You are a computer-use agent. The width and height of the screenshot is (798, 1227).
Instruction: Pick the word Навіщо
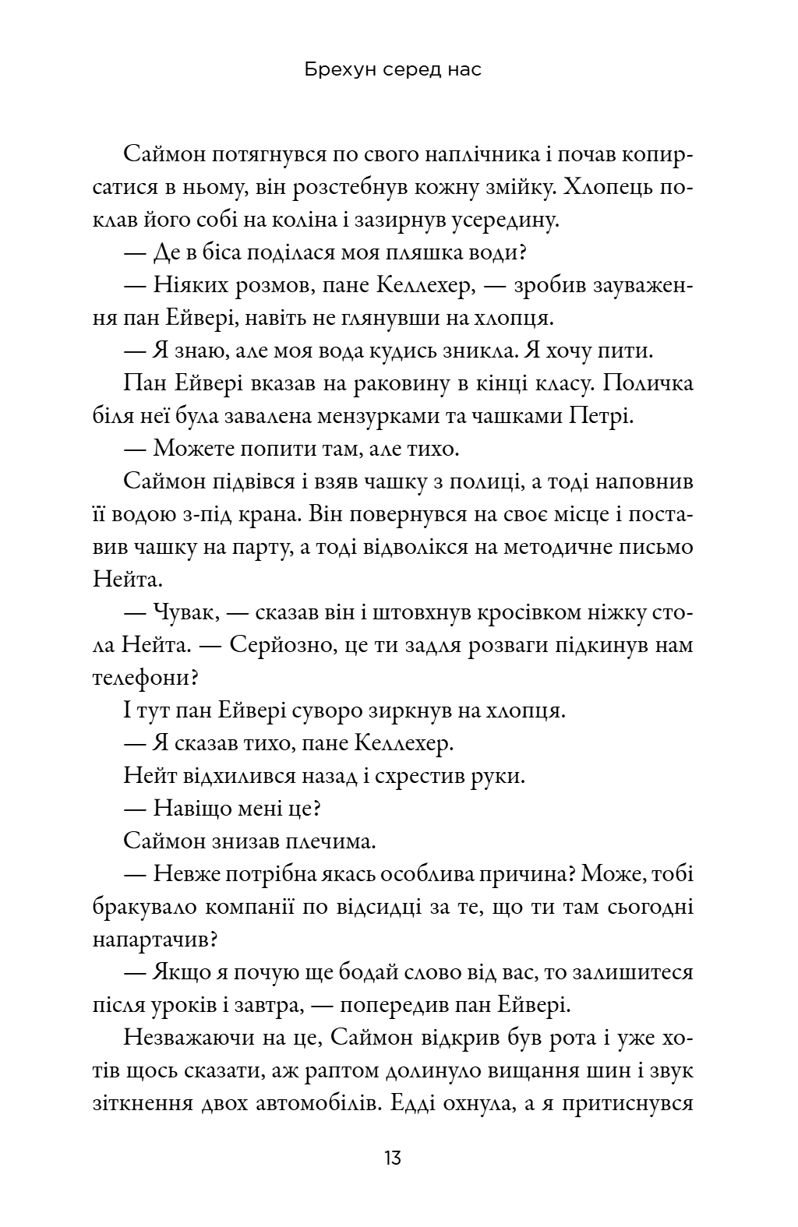pyautogui.click(x=194, y=809)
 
